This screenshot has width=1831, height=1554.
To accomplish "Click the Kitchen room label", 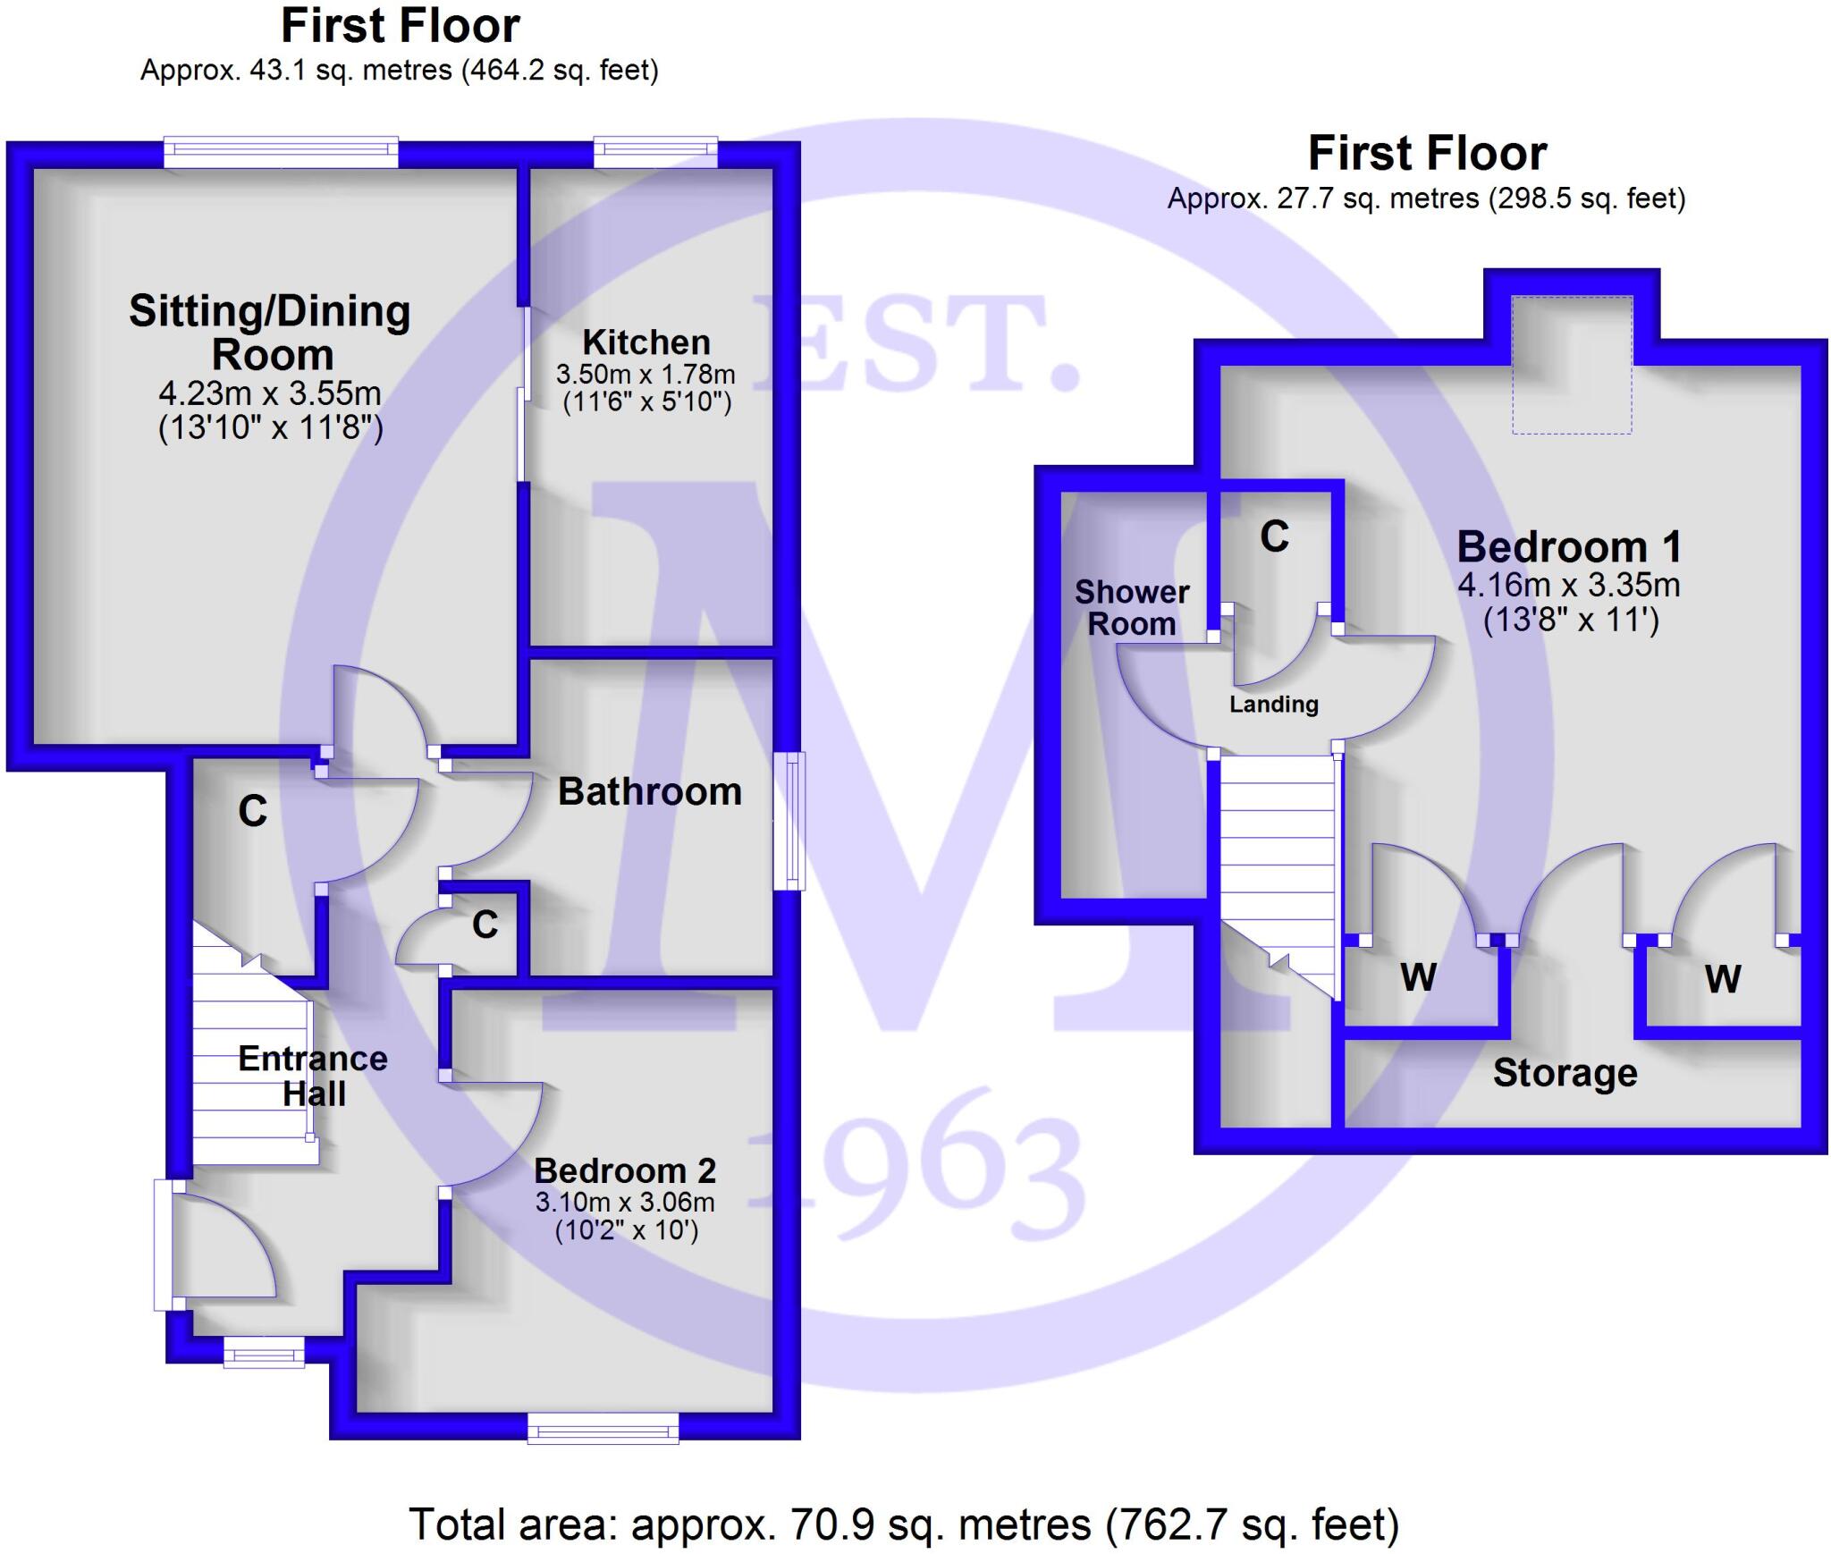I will pyautogui.click(x=645, y=342).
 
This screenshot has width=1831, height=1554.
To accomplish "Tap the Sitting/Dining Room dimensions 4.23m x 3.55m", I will pyautogui.click(x=270, y=393).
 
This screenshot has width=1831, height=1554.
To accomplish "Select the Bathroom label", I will pyautogui.click(x=650, y=792).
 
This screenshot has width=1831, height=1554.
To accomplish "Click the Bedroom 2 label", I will pyautogui.click(x=625, y=1170).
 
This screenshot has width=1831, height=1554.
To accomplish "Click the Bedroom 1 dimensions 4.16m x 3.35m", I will pyautogui.click(x=1569, y=586).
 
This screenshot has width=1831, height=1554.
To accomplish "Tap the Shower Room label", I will pyautogui.click(x=1132, y=607).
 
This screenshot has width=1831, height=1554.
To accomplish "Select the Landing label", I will pyautogui.click(x=1273, y=705).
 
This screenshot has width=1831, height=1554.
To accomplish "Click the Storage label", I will pyautogui.click(x=1565, y=1072).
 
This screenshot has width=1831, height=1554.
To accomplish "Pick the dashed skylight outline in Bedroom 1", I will pyautogui.click(x=1572, y=365).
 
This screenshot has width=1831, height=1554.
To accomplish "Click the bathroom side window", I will pyautogui.click(x=789, y=821).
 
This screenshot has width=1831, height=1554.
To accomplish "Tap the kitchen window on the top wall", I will pyautogui.click(x=655, y=152).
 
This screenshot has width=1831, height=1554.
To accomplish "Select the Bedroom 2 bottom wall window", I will pyautogui.click(x=603, y=1428).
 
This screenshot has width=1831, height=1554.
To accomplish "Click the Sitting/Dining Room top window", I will pyautogui.click(x=281, y=152).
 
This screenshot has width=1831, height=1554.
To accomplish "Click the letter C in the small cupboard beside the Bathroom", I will pyautogui.click(x=485, y=925).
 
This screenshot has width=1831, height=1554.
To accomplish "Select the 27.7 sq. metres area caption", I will pyautogui.click(x=1426, y=198).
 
